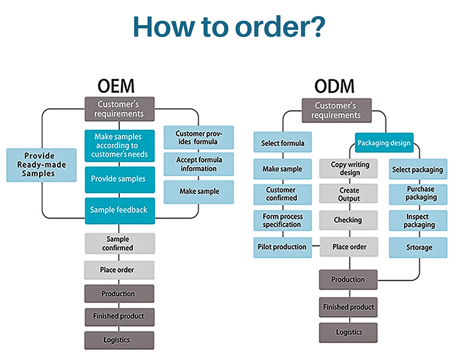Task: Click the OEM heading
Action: (x=116, y=86)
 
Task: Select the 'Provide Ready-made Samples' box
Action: (x=42, y=165)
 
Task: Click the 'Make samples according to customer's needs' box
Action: (x=119, y=145)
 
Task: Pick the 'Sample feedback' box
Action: (x=119, y=209)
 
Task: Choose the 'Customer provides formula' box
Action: (x=198, y=137)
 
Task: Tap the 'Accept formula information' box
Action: (x=198, y=164)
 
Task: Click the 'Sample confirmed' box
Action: (x=119, y=243)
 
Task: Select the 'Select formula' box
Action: (x=283, y=143)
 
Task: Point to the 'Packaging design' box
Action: (x=384, y=143)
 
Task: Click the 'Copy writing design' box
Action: (x=346, y=168)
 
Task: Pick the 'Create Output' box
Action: (x=346, y=194)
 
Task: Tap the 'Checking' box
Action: (x=346, y=220)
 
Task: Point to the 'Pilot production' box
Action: (x=283, y=247)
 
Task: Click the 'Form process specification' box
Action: (x=283, y=220)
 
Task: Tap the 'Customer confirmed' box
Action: (x=283, y=194)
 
